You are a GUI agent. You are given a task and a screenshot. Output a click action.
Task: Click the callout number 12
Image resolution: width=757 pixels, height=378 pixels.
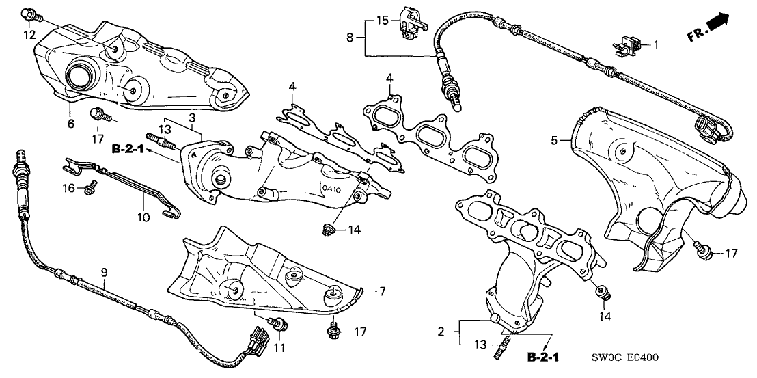coord(28,34)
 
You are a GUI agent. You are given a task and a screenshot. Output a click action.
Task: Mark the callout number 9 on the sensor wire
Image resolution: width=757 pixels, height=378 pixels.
coord(105,273)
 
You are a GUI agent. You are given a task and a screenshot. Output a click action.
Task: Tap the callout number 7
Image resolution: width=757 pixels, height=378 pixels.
coord(383,292)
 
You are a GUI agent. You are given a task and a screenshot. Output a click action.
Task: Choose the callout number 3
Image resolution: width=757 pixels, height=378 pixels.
coord(194,117)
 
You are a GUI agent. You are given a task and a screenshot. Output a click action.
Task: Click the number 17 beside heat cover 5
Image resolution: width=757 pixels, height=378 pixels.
coord(731,254)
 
